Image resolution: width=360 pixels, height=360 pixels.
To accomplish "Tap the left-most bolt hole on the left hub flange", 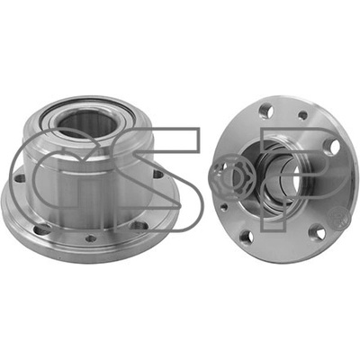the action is click(x=20, y=179).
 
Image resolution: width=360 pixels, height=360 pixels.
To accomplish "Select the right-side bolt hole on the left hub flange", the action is click(x=157, y=174).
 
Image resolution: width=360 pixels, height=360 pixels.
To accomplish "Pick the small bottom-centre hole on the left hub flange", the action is click(x=91, y=238).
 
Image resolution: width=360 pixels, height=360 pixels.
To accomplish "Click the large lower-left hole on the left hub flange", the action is click(x=42, y=229).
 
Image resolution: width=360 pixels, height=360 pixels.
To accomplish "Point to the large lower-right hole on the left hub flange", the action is click(x=139, y=226).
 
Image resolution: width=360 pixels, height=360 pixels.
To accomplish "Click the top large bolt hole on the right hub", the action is click(x=266, y=111).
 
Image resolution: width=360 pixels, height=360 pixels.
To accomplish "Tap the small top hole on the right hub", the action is click(x=303, y=115).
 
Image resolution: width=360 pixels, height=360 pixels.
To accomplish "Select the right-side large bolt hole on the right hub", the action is click(x=332, y=146).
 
